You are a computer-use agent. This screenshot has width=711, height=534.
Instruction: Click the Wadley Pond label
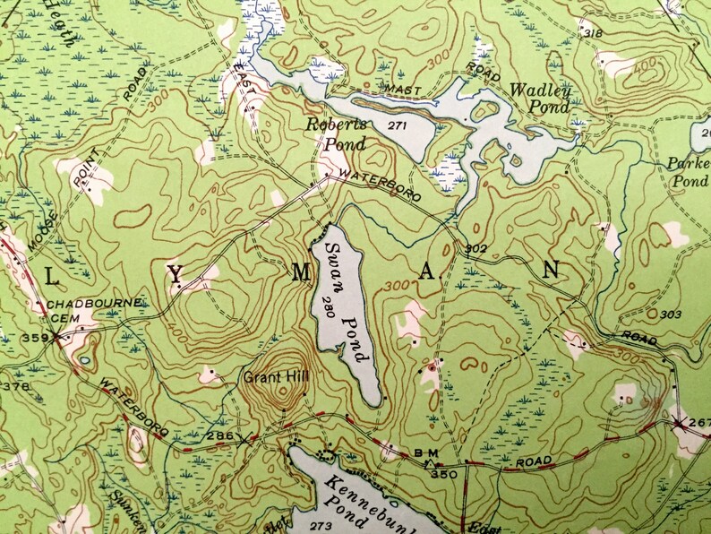538,98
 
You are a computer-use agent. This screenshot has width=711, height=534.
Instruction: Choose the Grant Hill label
275,377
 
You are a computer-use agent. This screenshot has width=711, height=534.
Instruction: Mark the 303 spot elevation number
669,314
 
